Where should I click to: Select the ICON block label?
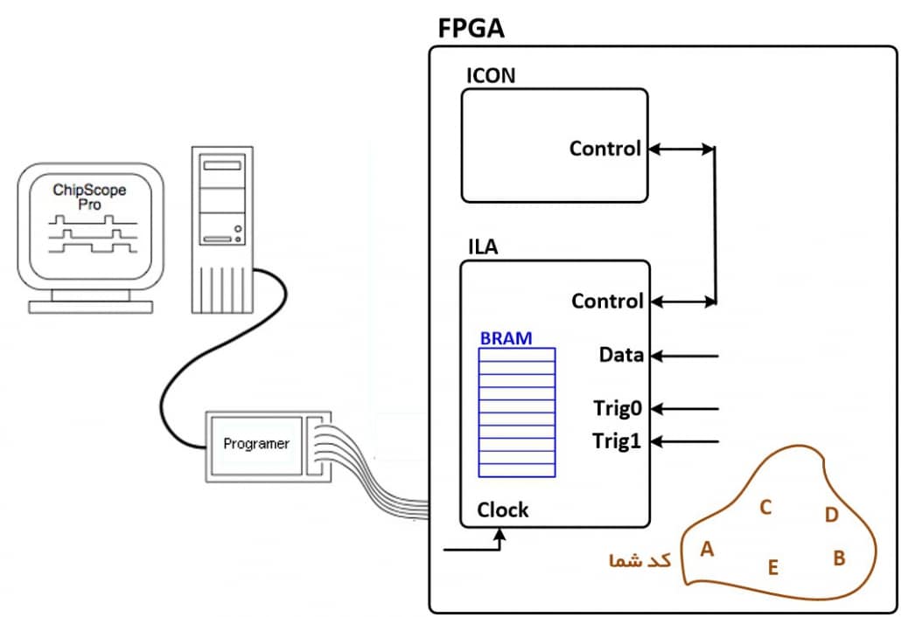click(x=491, y=75)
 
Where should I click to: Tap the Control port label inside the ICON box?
click(x=605, y=149)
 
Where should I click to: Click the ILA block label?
click(x=482, y=246)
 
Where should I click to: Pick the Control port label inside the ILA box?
click(x=607, y=302)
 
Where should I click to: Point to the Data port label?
click(x=621, y=355)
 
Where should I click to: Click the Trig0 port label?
click(x=618, y=407)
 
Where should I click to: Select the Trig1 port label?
click(x=618, y=441)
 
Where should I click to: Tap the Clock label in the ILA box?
click(x=503, y=510)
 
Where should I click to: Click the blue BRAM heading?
click(x=506, y=337)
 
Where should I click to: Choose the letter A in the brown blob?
click(x=708, y=550)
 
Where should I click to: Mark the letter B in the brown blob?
click(x=839, y=558)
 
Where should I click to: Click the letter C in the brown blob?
click(x=765, y=507)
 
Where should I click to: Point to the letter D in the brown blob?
click(x=831, y=515)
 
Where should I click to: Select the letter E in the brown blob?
click(x=772, y=568)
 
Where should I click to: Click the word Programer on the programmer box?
click(x=256, y=444)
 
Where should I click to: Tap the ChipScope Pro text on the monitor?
click(x=89, y=197)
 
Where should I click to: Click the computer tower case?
click(x=222, y=227)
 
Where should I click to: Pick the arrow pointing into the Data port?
click(x=687, y=356)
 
